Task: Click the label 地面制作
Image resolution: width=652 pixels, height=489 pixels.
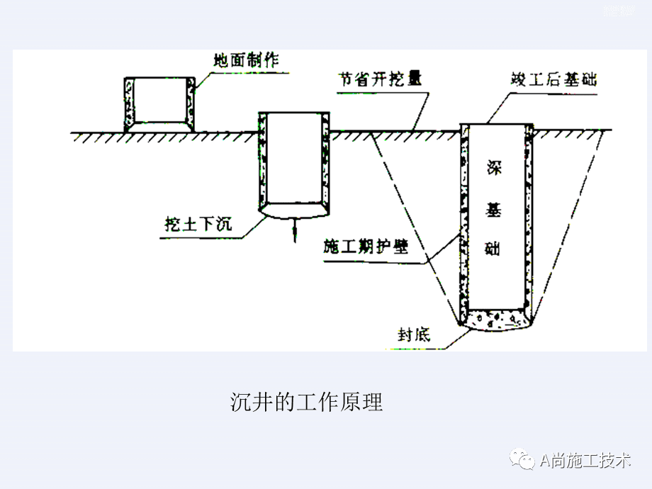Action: point(246,61)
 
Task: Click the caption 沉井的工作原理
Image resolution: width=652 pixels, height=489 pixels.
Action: point(306,403)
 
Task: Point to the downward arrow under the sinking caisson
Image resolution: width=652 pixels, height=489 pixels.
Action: point(295,230)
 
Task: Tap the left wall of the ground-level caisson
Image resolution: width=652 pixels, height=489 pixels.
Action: point(129,104)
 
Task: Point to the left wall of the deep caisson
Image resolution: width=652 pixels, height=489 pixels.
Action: point(464,220)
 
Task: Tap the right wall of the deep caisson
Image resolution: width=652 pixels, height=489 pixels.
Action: point(528,220)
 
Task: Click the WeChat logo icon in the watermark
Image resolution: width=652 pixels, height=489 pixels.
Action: point(525,461)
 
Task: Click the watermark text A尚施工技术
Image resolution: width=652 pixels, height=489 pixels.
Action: point(585,461)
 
